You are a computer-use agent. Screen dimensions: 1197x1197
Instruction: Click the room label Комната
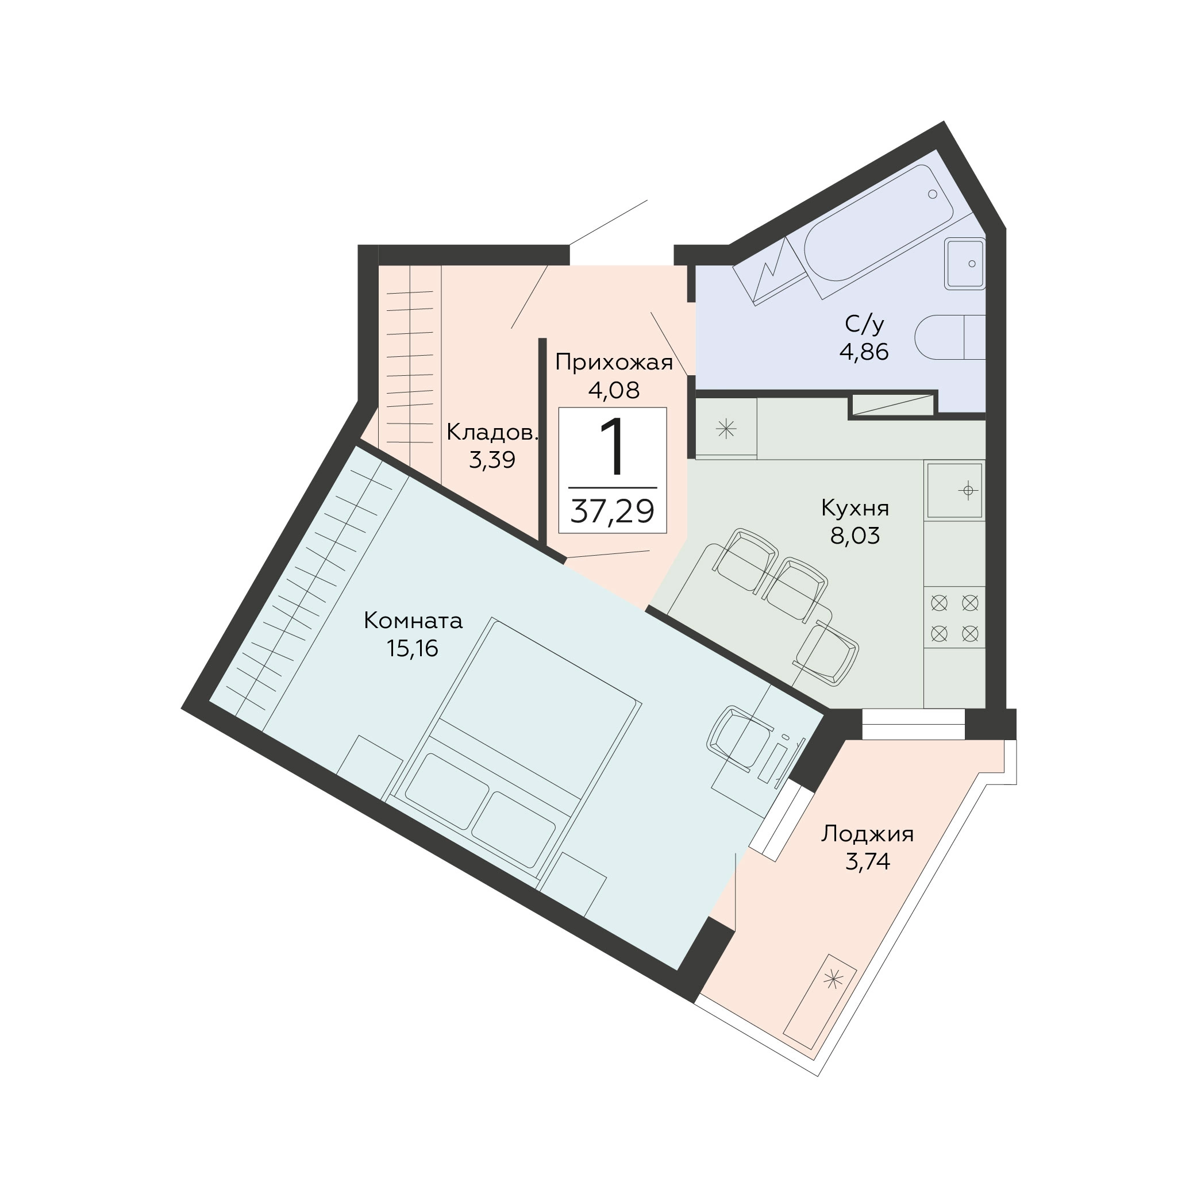click(x=413, y=620)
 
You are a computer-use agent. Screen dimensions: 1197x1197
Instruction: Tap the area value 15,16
click(x=412, y=648)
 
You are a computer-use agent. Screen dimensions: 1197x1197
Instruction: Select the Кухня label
click(x=855, y=509)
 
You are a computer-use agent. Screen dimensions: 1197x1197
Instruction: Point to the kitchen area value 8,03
click(x=855, y=536)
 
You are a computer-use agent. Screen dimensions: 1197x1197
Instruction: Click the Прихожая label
click(x=613, y=363)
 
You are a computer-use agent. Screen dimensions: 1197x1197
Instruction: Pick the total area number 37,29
click(x=612, y=512)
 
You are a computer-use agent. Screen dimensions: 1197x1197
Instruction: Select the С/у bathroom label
click(x=864, y=324)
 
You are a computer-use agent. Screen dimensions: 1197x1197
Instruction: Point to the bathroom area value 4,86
click(x=864, y=352)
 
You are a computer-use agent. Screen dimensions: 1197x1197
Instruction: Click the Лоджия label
click(x=867, y=834)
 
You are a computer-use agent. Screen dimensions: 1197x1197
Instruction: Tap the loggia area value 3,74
click(x=867, y=861)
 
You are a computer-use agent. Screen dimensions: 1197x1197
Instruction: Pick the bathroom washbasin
click(x=965, y=264)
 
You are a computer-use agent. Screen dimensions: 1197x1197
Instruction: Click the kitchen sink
click(x=954, y=491)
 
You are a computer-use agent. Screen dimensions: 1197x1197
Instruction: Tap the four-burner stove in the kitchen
click(x=954, y=618)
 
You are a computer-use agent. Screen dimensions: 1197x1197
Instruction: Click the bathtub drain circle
click(x=933, y=194)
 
